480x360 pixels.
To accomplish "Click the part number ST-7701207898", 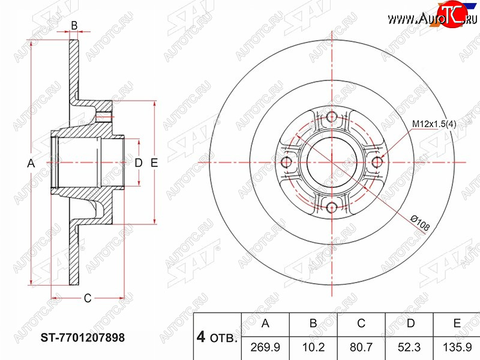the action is (83, 338).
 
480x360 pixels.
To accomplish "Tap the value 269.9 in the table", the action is (265, 347).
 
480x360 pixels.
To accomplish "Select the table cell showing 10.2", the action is (313, 347).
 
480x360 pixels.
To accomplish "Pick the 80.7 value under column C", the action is (361, 347).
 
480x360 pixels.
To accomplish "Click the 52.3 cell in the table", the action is (409, 347).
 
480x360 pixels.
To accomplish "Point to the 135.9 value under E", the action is (457, 347).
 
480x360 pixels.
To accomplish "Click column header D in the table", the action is (410, 323).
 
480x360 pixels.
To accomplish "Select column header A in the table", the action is (265, 323).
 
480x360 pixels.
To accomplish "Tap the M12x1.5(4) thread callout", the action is (434, 124).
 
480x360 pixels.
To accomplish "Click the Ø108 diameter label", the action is (421, 223).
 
